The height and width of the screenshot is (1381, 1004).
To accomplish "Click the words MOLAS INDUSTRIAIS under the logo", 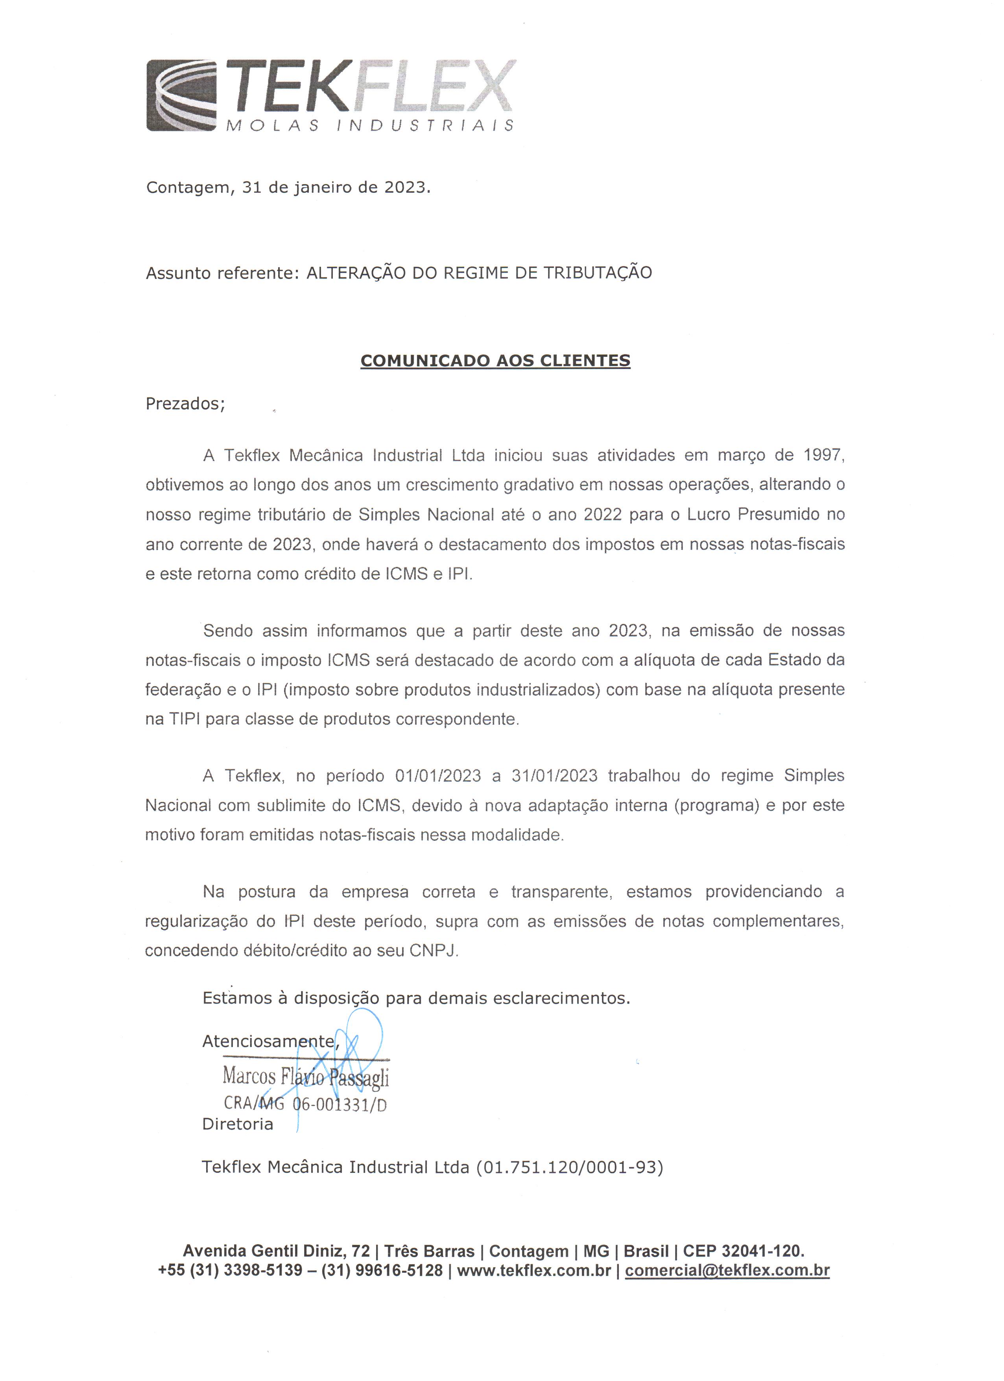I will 369,126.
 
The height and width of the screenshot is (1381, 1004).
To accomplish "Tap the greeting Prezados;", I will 185,404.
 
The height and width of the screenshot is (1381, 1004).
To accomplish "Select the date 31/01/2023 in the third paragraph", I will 554,776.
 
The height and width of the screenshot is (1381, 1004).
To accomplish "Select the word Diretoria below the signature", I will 238,1124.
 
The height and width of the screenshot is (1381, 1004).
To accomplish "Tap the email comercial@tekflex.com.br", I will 727,1270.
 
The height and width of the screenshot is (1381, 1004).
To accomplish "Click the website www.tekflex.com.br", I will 533,1270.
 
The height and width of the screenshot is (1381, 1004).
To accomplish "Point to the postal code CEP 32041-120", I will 742,1251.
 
